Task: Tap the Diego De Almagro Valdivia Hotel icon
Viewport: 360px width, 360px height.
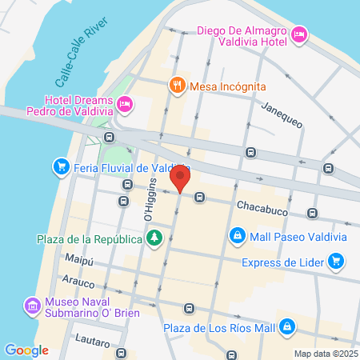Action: [x=298, y=34]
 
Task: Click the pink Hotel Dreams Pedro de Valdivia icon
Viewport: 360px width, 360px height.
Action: [x=124, y=103]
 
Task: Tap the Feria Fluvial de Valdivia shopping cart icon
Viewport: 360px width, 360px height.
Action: [x=60, y=167]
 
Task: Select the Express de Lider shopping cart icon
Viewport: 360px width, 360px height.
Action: [x=336, y=260]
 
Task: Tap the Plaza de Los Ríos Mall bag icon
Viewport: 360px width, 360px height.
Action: [x=294, y=327]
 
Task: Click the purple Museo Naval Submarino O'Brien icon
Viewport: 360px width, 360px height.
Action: [x=32, y=306]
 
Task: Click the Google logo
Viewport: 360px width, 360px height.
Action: [x=26, y=350]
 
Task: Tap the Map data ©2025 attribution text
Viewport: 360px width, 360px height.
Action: [x=324, y=353]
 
